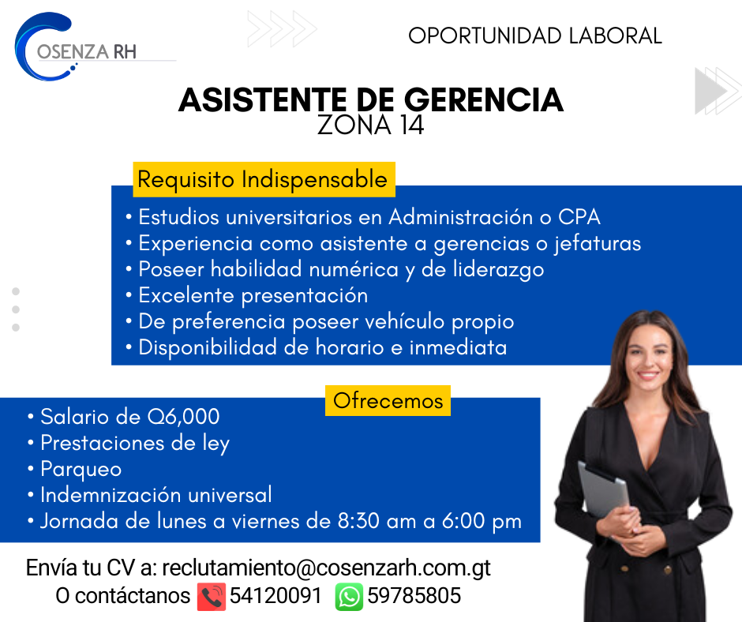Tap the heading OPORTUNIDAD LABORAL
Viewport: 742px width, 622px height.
[534, 36]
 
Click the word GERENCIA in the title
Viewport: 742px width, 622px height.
[484, 100]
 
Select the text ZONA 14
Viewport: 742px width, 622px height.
[370, 125]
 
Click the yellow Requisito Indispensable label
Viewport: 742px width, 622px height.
[264, 179]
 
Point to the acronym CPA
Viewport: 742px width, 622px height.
[579, 217]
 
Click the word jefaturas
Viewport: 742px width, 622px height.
[598, 244]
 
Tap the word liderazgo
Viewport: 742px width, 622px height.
[498, 270]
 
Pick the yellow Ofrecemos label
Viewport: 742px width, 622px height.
[388, 401]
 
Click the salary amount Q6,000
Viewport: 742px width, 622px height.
[184, 417]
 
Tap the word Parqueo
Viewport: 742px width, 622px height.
[81, 470]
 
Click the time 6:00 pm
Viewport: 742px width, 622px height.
[482, 522]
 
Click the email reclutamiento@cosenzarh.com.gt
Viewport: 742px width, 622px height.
[327, 568]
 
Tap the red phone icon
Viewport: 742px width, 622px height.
[211, 597]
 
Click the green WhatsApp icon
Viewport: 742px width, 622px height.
[349, 597]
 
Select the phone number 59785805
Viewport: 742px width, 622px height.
[414, 596]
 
